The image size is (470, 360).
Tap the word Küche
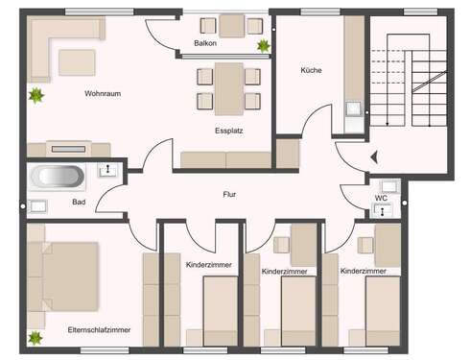pos(311,70)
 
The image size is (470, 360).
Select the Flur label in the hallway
pos(229,194)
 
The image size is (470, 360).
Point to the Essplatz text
pos(228,130)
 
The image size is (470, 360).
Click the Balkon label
pos(204,44)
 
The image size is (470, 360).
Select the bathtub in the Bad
pos(59,177)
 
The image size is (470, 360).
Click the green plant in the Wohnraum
pos(36,95)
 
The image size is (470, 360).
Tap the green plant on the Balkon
pos(262,45)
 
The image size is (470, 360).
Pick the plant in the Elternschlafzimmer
pos(36,338)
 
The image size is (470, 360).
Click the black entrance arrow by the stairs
pos(375,155)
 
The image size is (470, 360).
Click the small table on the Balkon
pos(231,25)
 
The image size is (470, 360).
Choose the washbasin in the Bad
pos(38,204)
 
